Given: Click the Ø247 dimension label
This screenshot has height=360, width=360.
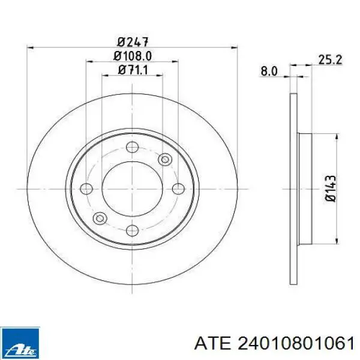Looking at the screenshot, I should (x=133, y=42).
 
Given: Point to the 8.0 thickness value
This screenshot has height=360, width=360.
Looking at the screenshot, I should (x=268, y=71).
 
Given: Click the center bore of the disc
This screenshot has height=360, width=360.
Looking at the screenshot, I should (x=133, y=188).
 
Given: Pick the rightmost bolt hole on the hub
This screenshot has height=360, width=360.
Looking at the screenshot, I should (x=177, y=188).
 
